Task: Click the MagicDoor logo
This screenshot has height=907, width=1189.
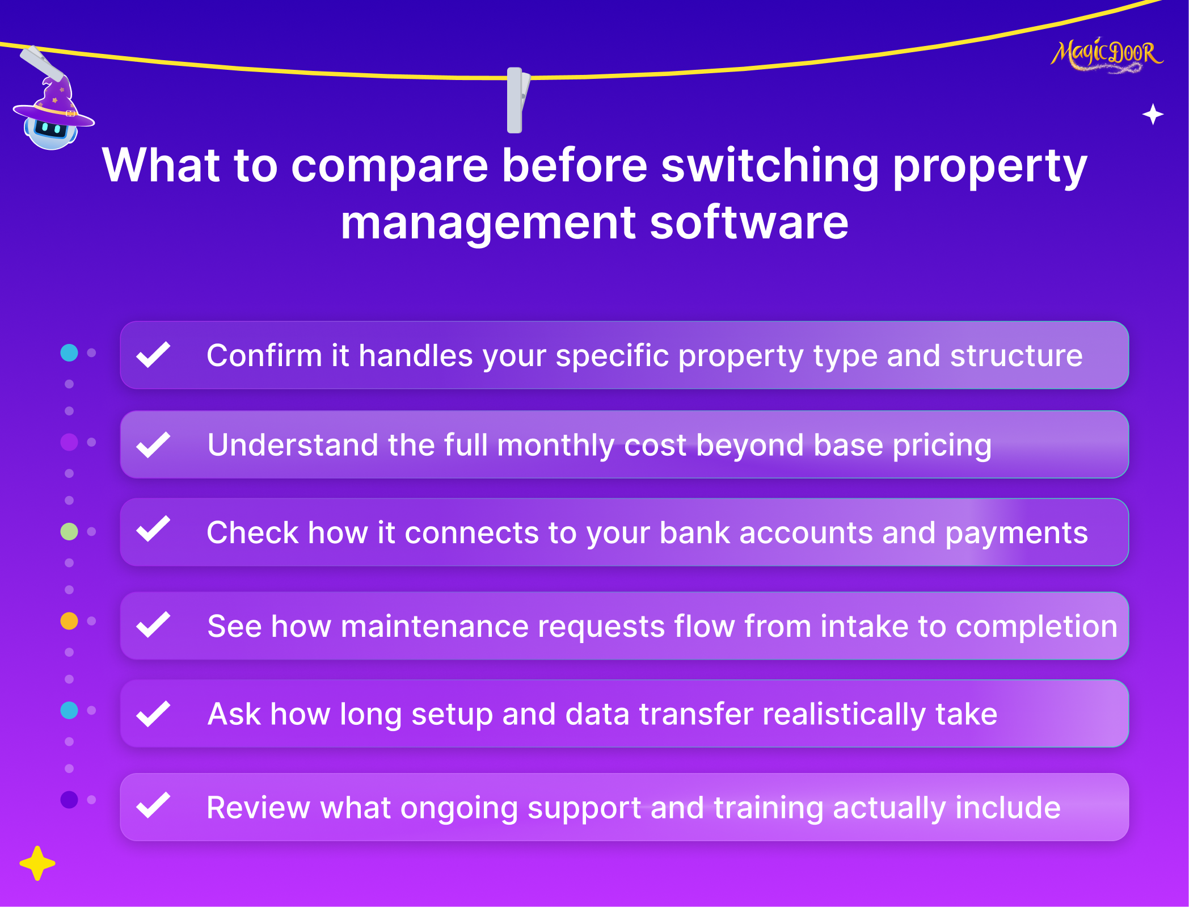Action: [x=1106, y=56]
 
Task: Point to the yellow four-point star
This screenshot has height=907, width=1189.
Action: [x=37, y=863]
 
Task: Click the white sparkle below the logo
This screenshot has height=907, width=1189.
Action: [x=1153, y=115]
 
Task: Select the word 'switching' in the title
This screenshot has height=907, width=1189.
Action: [x=770, y=166]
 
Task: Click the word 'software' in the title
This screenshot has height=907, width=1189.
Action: [x=749, y=222]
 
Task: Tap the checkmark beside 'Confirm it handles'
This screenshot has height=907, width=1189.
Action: [x=153, y=355]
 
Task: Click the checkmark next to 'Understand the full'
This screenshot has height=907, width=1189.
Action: [x=153, y=444]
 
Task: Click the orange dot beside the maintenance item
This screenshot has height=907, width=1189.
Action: [x=69, y=621]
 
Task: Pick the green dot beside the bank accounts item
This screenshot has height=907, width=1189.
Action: [x=69, y=532]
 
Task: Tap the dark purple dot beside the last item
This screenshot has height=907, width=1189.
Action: [x=69, y=800]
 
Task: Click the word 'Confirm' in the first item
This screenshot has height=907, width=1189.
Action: [x=264, y=356]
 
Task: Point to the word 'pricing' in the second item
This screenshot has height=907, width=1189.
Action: [x=942, y=446]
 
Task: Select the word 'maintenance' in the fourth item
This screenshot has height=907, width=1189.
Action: [x=434, y=627]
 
